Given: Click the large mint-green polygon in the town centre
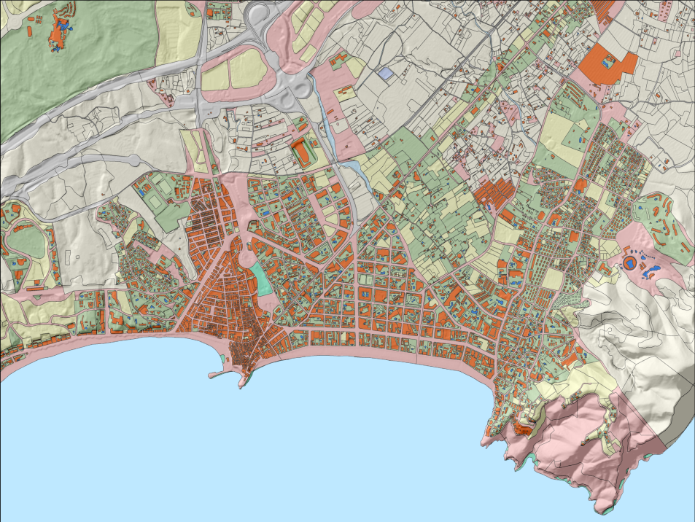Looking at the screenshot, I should click(262, 278).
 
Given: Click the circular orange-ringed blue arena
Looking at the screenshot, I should click(628, 262).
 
